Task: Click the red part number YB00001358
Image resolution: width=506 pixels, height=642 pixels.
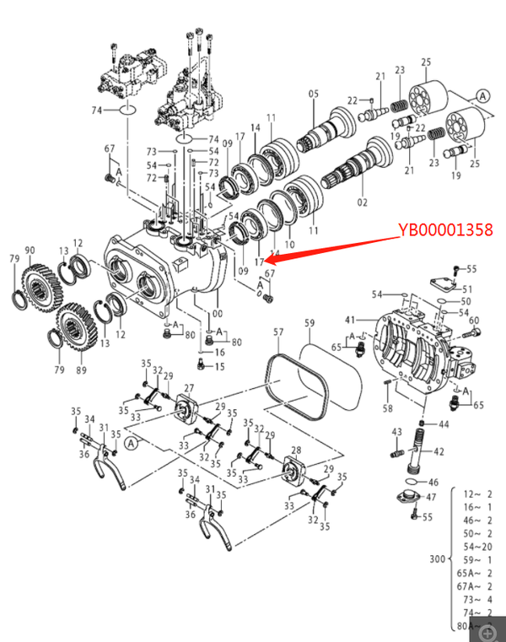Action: [444, 229]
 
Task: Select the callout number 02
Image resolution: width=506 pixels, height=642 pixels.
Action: [363, 202]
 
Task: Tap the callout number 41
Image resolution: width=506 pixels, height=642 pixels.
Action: [350, 320]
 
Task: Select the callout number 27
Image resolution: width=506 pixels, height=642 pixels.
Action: [189, 388]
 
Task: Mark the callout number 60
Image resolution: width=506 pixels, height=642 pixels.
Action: [474, 320]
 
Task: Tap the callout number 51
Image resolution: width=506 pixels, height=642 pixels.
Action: [467, 289]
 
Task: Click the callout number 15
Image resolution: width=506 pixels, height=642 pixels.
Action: [219, 366]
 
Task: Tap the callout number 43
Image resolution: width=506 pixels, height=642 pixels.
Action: [396, 432]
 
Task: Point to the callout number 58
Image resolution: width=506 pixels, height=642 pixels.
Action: [387, 408]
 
